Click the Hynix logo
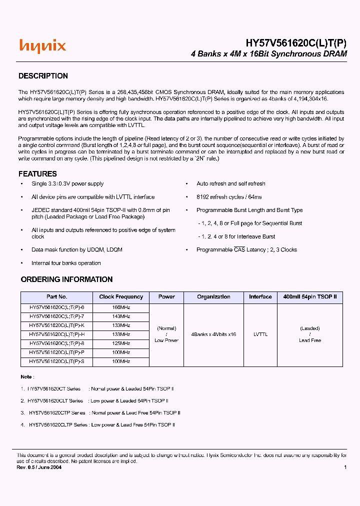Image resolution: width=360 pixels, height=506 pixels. click(x=42, y=46)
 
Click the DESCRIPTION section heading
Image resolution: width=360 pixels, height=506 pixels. click(x=43, y=76)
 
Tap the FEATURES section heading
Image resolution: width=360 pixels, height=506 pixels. click(x=37, y=174)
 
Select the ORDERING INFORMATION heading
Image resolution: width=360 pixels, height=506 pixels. click(x=66, y=279)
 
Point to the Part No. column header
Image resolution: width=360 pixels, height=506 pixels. click(x=56, y=297)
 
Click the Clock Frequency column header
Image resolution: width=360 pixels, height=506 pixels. click(x=121, y=297)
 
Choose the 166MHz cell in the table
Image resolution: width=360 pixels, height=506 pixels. click(x=121, y=308)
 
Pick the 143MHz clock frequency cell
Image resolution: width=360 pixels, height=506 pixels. click(x=121, y=317)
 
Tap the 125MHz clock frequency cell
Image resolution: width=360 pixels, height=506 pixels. click(x=121, y=343)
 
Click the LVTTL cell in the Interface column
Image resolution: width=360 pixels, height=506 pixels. click(x=260, y=334)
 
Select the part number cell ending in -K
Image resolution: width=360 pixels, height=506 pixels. click(x=56, y=325)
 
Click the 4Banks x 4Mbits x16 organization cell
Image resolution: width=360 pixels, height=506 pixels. click(x=213, y=334)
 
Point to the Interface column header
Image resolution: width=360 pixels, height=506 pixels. click(x=260, y=297)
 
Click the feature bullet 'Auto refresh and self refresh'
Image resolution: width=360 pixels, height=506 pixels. click(x=230, y=184)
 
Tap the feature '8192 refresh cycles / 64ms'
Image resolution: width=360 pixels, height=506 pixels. click(x=228, y=197)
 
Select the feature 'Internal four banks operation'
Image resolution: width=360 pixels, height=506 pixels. click(x=66, y=263)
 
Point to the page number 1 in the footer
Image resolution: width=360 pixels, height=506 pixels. click(x=345, y=467)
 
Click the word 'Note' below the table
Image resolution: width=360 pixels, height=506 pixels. click(x=26, y=376)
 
